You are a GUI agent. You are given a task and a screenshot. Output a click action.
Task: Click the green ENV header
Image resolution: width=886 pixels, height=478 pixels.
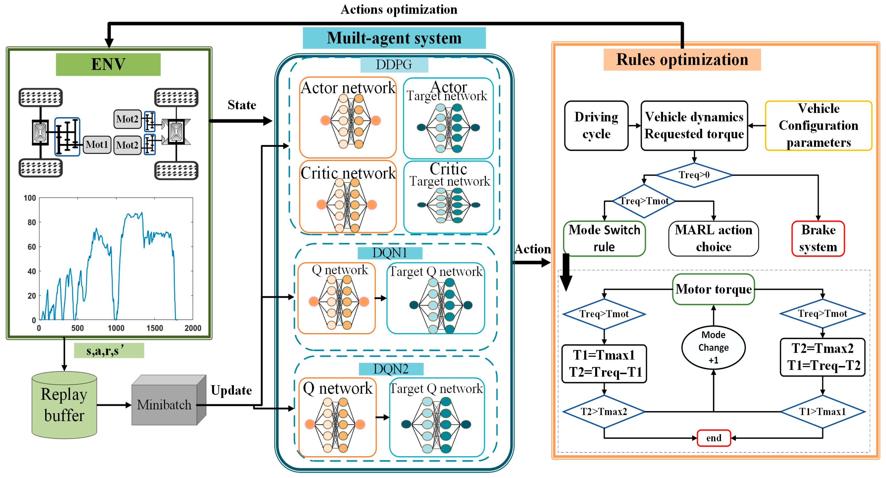(108, 64)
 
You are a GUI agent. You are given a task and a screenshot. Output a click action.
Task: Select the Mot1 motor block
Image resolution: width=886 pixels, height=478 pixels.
(97, 144)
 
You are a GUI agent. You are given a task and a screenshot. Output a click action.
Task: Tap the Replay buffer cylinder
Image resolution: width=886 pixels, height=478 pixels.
(64, 405)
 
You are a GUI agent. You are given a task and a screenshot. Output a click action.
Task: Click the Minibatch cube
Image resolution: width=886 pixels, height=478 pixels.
(169, 400)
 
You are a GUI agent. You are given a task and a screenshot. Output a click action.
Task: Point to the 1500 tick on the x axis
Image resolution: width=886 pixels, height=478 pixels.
(154, 328)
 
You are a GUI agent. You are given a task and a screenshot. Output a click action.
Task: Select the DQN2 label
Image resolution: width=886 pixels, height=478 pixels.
(391, 369)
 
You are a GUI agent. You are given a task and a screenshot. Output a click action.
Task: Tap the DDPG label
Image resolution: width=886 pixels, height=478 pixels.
(394, 65)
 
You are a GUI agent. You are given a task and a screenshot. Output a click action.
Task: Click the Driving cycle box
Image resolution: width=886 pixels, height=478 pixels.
(596, 126)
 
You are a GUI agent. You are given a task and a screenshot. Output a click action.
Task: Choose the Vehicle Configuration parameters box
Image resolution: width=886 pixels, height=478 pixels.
(818, 126)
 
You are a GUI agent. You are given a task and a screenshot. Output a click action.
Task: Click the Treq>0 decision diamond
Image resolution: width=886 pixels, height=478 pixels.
(694, 175)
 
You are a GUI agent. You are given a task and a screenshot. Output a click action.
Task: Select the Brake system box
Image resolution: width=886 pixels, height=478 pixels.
(818, 239)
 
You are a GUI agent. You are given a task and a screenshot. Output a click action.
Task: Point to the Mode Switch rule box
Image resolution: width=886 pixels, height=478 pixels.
(604, 239)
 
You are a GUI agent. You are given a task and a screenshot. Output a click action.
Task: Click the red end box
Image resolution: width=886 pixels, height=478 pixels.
(714, 438)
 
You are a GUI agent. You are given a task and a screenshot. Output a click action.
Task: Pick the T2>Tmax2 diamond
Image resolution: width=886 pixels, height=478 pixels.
(604, 412)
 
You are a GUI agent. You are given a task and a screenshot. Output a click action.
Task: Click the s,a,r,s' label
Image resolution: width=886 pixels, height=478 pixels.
(109, 350)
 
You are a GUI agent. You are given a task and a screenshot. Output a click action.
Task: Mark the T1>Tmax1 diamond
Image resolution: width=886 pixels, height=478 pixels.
(822, 412)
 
